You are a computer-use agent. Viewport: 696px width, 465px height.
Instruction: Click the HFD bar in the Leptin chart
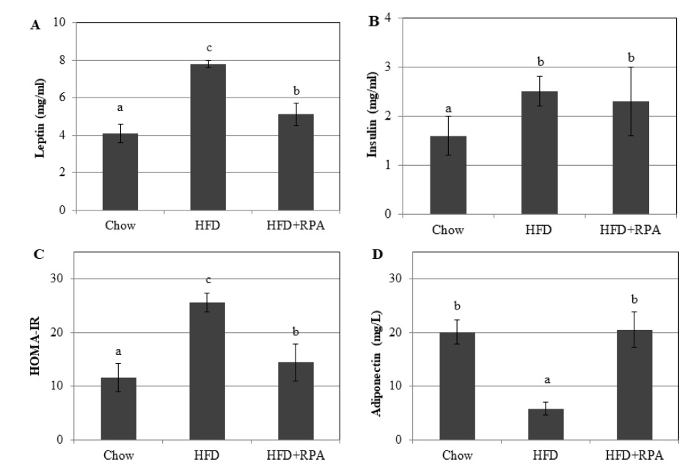coord(208,137)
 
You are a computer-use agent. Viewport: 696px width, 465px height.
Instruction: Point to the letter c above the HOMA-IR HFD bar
coord(208,279)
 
